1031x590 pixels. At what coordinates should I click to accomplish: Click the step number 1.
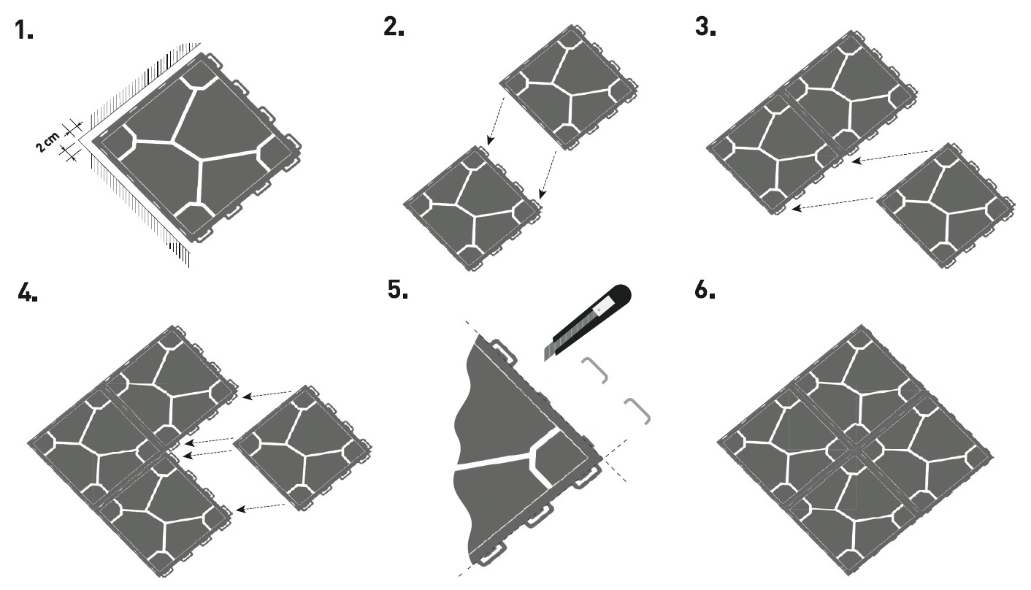point(24,31)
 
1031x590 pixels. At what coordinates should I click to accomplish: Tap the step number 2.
point(394,27)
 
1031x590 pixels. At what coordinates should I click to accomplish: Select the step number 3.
point(705,27)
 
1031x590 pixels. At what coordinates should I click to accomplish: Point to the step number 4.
point(28,291)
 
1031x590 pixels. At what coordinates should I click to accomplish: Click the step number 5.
point(398,289)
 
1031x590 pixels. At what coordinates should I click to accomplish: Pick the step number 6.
point(705,289)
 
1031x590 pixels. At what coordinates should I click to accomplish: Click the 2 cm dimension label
point(48,142)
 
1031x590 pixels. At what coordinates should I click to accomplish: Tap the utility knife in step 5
point(588,322)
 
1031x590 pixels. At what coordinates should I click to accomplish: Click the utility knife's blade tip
point(545,360)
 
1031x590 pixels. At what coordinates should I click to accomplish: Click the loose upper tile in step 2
point(569,87)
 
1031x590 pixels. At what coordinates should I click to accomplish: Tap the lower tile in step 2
point(473,208)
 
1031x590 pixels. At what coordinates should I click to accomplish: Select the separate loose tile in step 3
point(946,205)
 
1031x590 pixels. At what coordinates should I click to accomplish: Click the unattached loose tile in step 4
point(302,448)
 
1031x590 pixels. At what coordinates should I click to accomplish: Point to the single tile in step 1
point(196,147)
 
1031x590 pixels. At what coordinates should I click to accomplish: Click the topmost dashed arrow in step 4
point(268,394)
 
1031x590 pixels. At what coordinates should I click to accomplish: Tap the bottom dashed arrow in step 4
point(261,507)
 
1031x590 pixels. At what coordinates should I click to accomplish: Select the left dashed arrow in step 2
point(496,120)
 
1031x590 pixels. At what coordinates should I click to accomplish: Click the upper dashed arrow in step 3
point(892,156)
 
